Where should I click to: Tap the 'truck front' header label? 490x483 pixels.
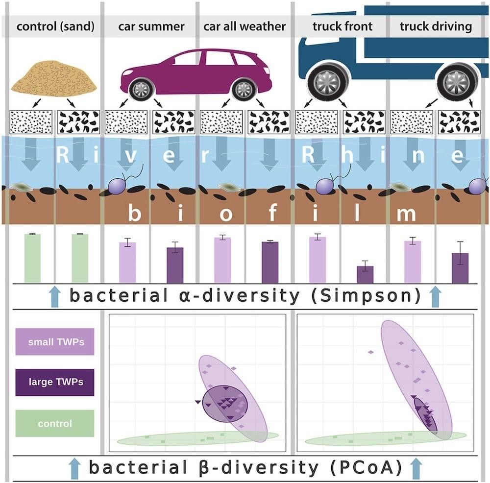point(343,26)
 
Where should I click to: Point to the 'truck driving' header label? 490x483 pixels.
point(436,26)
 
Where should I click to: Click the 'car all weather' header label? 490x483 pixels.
point(245,26)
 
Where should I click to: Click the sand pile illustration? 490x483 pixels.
point(54,78)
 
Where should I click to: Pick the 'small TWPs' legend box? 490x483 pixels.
point(55,342)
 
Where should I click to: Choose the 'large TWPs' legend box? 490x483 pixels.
point(55,382)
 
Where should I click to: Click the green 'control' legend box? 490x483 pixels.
point(55,423)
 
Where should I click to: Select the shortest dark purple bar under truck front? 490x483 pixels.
point(365,274)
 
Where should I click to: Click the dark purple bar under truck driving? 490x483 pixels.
point(460,267)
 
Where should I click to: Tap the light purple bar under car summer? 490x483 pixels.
point(127,262)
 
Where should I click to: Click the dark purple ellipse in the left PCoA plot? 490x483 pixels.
point(226,403)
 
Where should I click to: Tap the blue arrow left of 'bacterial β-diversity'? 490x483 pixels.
point(74,468)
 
